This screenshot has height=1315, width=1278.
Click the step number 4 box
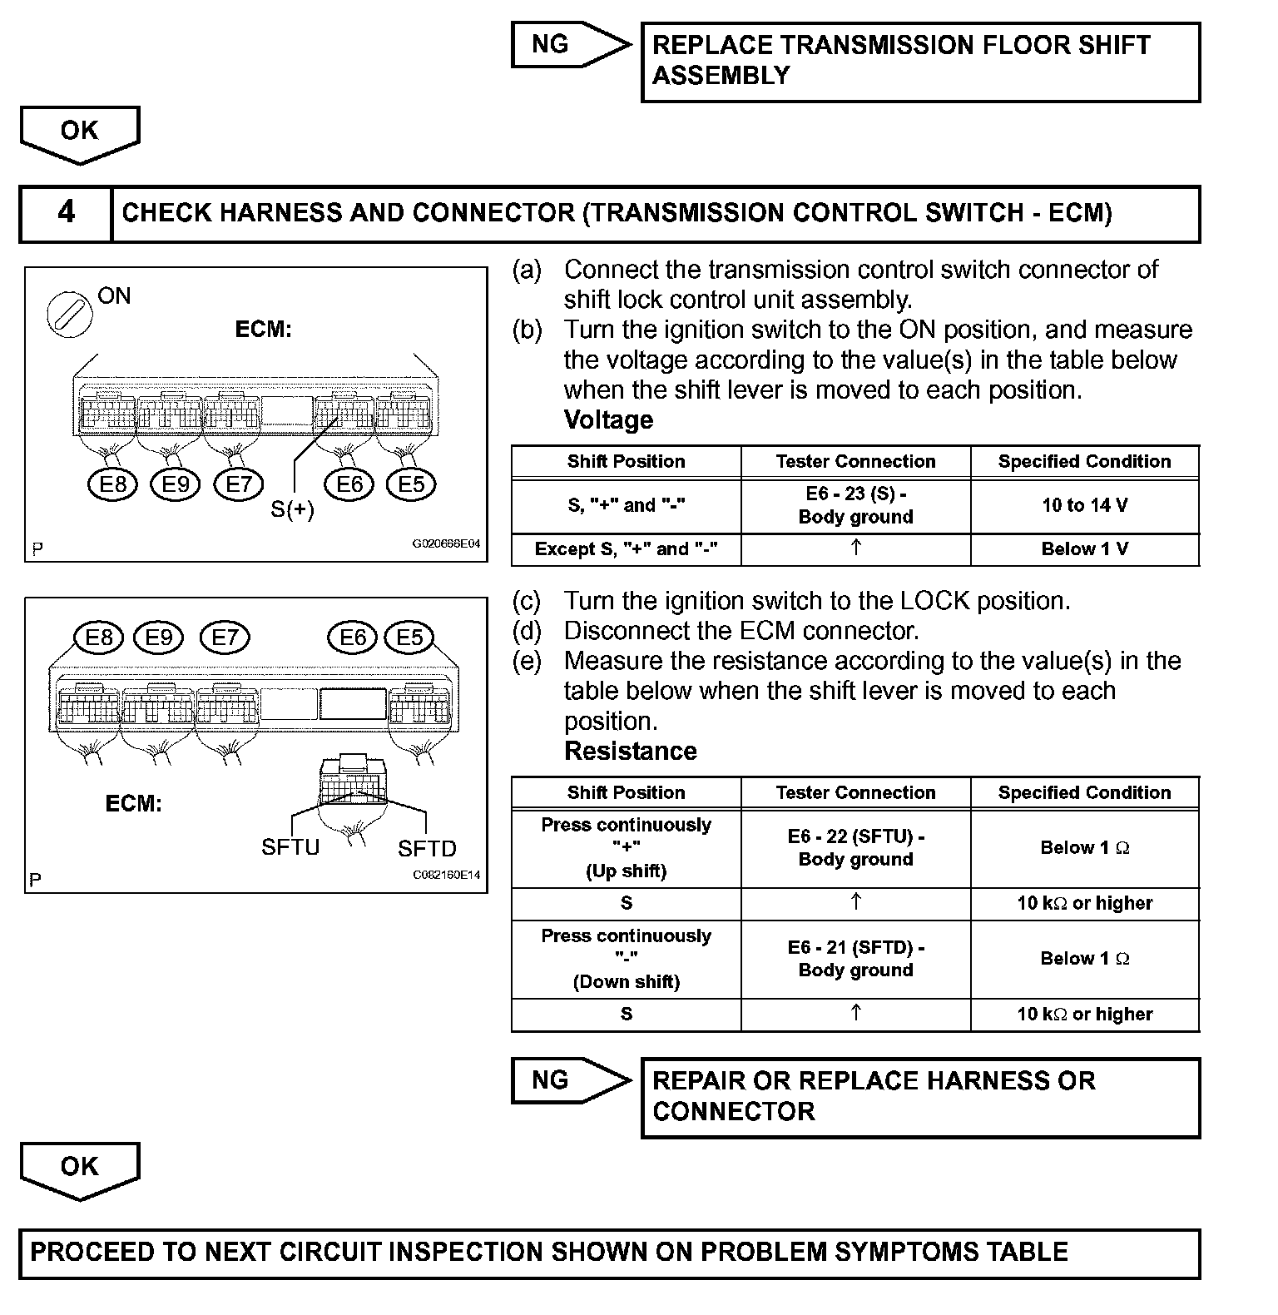pos(66,213)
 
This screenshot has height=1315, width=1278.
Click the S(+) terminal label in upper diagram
pos(293,509)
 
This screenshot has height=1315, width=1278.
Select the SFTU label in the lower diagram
pos(290,847)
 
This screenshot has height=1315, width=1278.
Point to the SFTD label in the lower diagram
pos(427,848)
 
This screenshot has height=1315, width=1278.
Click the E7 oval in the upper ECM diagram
pos(239,484)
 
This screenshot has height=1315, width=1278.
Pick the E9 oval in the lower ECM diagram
pos(159,638)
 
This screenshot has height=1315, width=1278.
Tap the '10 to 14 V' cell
pos(1084,505)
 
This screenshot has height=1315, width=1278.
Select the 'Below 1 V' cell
pos(1084,549)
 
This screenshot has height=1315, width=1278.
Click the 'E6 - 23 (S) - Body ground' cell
pos(855,505)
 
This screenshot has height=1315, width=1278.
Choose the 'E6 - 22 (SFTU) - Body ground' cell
pos(855,848)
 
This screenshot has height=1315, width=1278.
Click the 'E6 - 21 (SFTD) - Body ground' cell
pos(855,959)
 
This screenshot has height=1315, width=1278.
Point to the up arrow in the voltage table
pos(855,548)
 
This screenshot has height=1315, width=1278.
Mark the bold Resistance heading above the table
pos(630,751)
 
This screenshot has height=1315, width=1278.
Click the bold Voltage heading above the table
pos(608,419)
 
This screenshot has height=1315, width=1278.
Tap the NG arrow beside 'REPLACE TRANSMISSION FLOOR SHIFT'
pos(570,44)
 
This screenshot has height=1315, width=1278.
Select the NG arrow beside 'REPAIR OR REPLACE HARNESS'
pos(570,1080)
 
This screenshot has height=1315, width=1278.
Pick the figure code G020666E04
pos(446,543)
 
